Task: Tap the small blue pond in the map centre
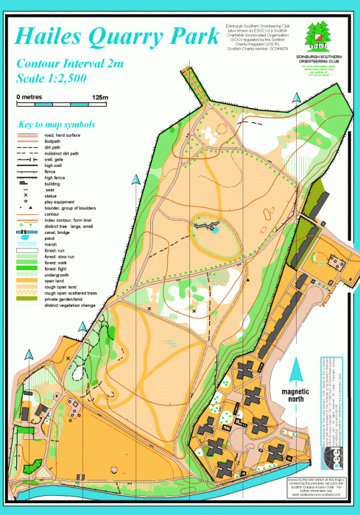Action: (215, 230)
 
